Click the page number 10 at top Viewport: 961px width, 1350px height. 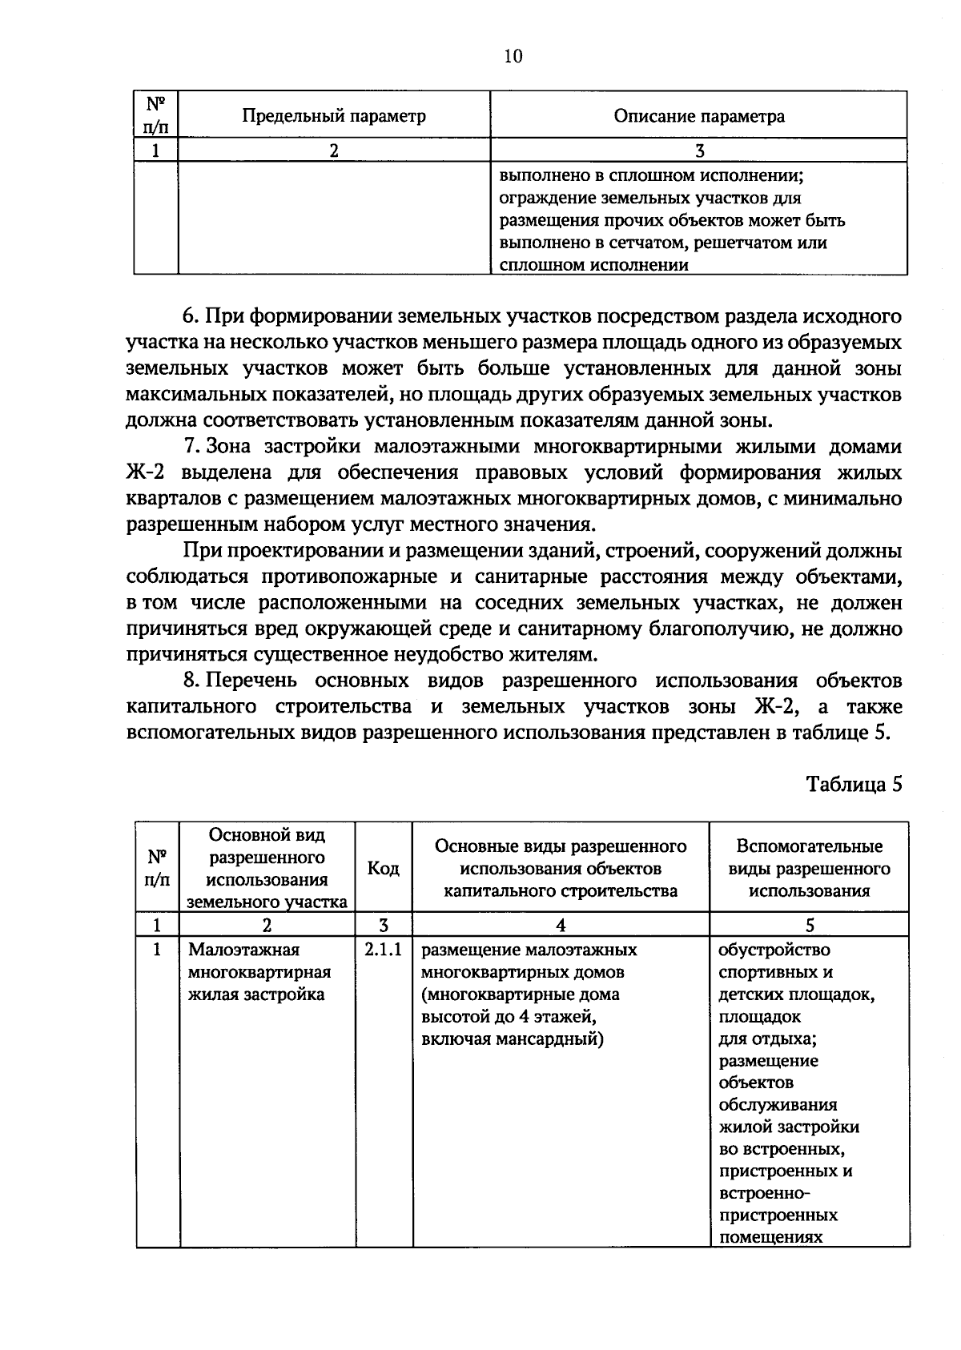click(x=513, y=55)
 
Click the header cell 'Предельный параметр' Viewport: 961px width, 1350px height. click(x=334, y=116)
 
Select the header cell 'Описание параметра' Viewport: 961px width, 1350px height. click(x=698, y=116)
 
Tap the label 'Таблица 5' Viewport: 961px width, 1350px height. click(x=854, y=784)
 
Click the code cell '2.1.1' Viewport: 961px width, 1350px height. click(x=384, y=950)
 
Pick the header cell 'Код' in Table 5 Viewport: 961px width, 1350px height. click(x=384, y=869)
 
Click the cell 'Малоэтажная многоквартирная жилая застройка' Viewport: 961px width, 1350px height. click(x=259, y=972)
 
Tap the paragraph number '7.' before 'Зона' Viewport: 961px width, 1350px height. click(x=191, y=446)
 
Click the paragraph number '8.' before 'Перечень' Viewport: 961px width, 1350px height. click(x=191, y=681)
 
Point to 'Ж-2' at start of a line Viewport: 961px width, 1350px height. click(x=146, y=472)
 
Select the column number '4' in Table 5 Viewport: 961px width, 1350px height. click(x=561, y=926)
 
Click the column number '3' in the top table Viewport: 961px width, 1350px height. click(x=699, y=151)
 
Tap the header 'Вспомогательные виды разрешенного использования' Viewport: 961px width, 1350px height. click(x=809, y=869)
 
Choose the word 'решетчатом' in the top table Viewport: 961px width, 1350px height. click(x=738, y=243)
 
